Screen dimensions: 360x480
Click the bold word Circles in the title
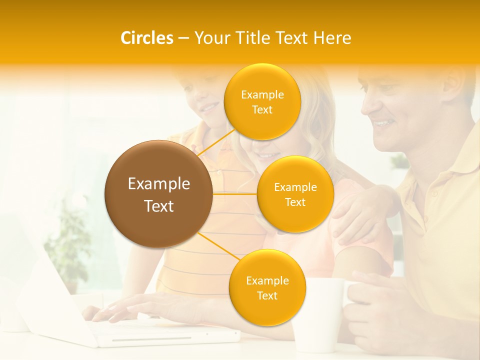click(x=146, y=38)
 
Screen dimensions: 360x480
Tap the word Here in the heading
click(x=332, y=38)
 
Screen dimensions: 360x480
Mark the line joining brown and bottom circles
click(x=217, y=245)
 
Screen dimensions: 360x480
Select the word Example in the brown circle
click(x=158, y=184)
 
